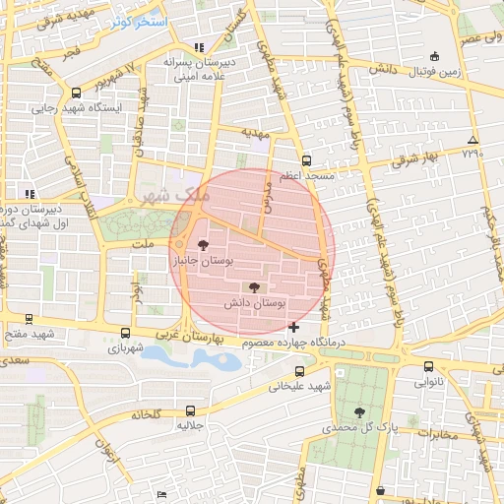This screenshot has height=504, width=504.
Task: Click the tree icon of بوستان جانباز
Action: [203, 245]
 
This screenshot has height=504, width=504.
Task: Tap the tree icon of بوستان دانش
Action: [256, 287]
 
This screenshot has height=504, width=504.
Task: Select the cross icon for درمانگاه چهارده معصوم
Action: [293, 326]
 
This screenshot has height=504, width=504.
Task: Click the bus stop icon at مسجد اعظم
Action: [306, 159]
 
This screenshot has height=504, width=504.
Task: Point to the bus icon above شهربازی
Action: [125, 333]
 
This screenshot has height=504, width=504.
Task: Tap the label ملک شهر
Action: [183, 195]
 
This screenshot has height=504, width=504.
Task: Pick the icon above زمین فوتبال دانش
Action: [434, 56]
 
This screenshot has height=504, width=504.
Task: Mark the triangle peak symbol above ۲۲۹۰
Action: [473, 140]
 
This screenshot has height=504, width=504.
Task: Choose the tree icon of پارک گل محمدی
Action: [358, 412]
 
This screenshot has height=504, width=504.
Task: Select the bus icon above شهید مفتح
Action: [29, 318]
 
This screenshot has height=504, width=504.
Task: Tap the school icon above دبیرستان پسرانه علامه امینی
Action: [200, 47]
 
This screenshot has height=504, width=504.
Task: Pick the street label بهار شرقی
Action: [409, 158]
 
